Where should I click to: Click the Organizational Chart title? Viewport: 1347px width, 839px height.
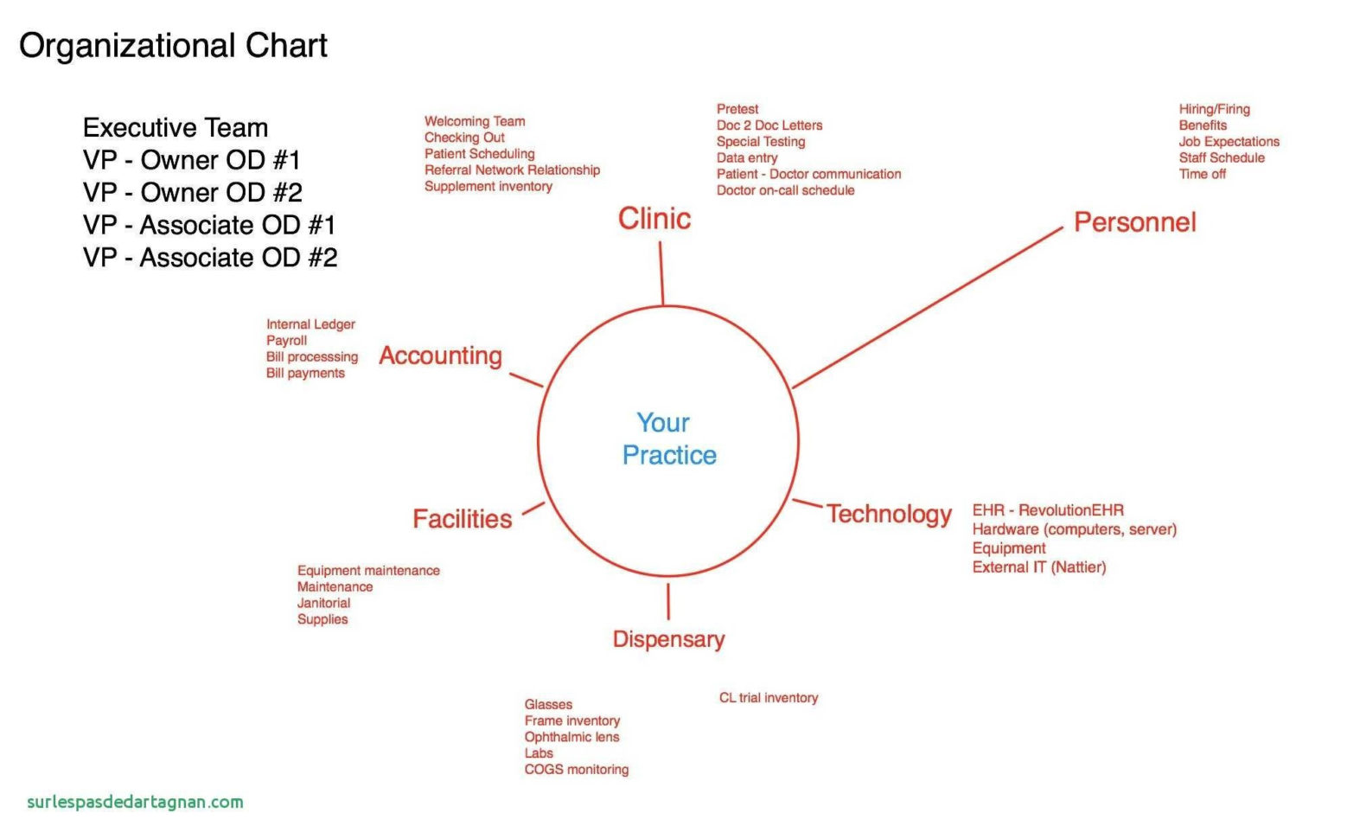pos(173,47)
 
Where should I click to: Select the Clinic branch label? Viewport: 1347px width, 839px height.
pos(654,218)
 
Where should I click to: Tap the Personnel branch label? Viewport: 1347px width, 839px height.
pos(1134,222)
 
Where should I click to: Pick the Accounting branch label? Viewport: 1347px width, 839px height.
pos(440,356)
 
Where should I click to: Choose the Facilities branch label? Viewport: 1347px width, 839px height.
pos(462,519)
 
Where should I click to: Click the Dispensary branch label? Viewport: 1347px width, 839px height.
pos(668,640)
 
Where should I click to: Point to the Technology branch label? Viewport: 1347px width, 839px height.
pos(889,515)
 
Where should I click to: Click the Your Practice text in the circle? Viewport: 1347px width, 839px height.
pos(668,439)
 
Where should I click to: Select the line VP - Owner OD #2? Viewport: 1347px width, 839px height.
pos(193,193)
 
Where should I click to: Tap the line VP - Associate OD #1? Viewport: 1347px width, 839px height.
pos(209,226)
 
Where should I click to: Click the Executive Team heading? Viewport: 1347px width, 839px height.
pos(176,128)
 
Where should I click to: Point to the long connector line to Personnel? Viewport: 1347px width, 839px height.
pos(928,307)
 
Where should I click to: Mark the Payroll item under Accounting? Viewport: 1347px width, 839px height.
pos(286,341)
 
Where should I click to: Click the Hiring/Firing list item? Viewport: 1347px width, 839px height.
pos(1214,110)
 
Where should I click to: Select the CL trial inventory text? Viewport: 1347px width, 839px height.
pos(769,698)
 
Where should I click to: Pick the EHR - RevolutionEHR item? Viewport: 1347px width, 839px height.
pos(1048,510)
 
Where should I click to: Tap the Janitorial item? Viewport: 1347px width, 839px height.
pos(323,603)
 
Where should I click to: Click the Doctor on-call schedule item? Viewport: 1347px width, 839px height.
pos(785,190)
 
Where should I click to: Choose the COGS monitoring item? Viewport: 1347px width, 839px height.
pos(576,770)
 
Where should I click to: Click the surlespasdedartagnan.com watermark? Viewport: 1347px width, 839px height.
pos(135,803)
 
